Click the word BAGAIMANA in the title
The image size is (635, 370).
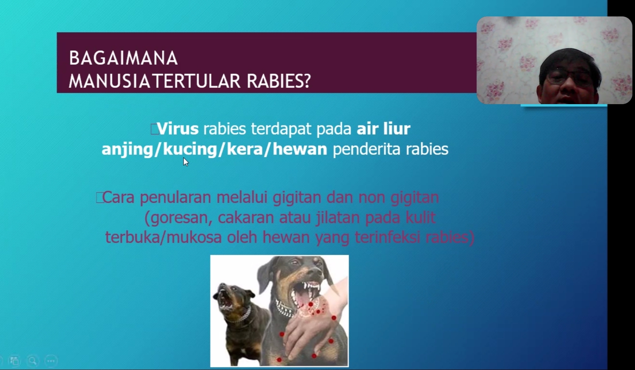pyautogui.click(x=123, y=58)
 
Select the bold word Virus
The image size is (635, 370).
pyautogui.click(x=178, y=129)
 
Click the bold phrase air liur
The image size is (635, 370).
pyautogui.click(x=383, y=129)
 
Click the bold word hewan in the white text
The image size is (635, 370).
pyautogui.click(x=300, y=149)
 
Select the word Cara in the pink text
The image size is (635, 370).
pyautogui.click(x=118, y=197)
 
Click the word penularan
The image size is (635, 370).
pyautogui.click(x=175, y=198)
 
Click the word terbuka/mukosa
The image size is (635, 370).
pyautogui.click(x=163, y=237)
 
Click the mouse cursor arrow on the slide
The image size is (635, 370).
pyautogui.click(x=186, y=162)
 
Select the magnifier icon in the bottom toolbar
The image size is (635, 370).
pyautogui.click(x=33, y=361)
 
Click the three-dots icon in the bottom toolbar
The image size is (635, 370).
pyautogui.click(x=51, y=361)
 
